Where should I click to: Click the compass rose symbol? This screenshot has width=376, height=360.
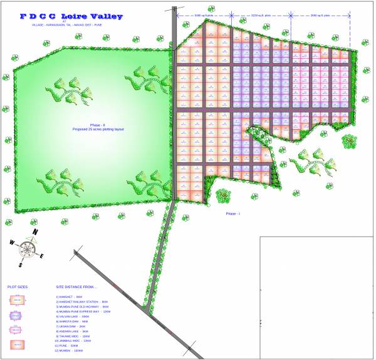[26, 248]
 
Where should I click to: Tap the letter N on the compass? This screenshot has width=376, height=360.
[35, 232]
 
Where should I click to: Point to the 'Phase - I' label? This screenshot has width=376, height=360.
[233, 213]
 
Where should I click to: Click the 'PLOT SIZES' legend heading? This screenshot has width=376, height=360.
[18, 286]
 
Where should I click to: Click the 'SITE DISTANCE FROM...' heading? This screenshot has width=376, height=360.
[76, 286]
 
